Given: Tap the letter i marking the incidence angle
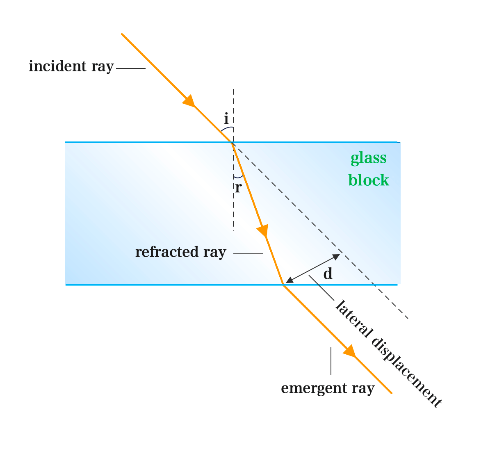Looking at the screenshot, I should (x=226, y=119).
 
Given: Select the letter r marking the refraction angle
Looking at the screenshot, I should (x=238, y=188).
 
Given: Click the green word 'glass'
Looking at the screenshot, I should (x=368, y=159).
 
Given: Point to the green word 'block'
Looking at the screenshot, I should (x=369, y=180).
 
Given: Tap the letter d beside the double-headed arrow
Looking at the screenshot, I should (x=328, y=274).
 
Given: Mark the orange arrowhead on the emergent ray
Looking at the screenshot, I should (x=349, y=351).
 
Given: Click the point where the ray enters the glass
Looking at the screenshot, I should (x=233, y=142).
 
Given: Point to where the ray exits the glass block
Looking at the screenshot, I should (x=283, y=284).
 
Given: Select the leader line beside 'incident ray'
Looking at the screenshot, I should (x=131, y=68).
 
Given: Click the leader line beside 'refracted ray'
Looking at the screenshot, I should (x=248, y=254).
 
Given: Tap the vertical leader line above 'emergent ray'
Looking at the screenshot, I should (x=331, y=361).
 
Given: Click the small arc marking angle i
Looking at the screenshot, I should (x=227, y=128).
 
